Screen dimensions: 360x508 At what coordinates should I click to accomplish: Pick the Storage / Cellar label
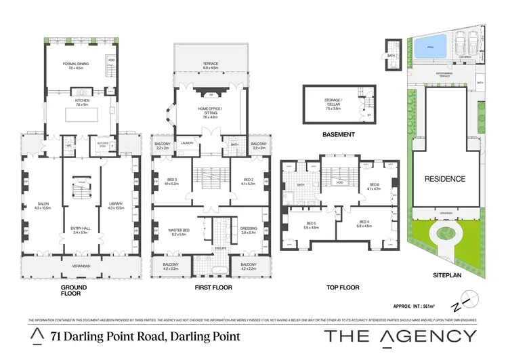point(333,101)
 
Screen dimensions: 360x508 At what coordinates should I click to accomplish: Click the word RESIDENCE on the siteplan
point(445,179)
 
